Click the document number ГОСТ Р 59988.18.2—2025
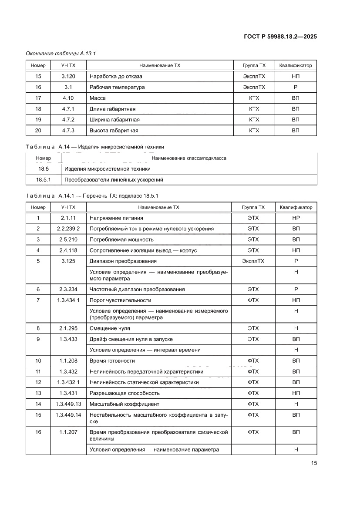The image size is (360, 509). (280, 37)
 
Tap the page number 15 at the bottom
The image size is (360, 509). (313, 463)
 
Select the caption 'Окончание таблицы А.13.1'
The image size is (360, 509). (61, 53)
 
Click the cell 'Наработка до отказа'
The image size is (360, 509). (116, 76)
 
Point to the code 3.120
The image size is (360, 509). (69, 76)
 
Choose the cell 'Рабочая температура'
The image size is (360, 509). (117, 87)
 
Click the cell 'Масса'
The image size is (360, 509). (98, 98)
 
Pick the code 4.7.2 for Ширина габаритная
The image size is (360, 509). (69, 119)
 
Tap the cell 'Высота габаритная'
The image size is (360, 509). (114, 130)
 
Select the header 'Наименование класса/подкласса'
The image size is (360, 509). (188, 158)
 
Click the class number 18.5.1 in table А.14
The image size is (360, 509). (44, 179)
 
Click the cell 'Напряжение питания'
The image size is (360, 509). (116, 218)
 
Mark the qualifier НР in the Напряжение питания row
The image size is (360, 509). (296, 218)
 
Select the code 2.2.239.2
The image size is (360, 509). (69, 229)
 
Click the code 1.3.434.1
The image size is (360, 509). (69, 300)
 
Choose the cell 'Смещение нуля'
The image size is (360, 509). (110, 328)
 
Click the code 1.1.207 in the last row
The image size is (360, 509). (69, 432)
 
